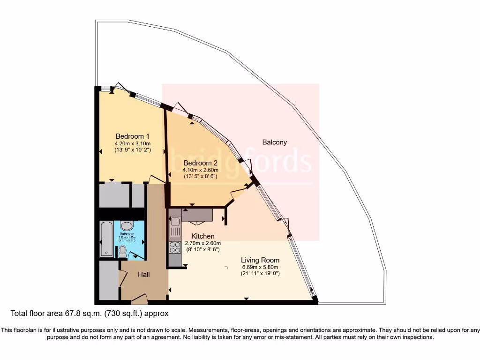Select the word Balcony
click(x=275, y=142)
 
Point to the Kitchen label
click(x=203, y=236)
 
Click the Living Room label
click(x=260, y=260)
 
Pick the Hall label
click(x=144, y=275)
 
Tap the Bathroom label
click(x=127, y=234)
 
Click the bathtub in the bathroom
click(x=106, y=240)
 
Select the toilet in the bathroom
click(x=123, y=252)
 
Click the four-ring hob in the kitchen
click(x=175, y=247)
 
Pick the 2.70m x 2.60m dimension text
click(x=203, y=243)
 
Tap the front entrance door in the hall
click(x=139, y=298)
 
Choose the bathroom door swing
click(x=137, y=255)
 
